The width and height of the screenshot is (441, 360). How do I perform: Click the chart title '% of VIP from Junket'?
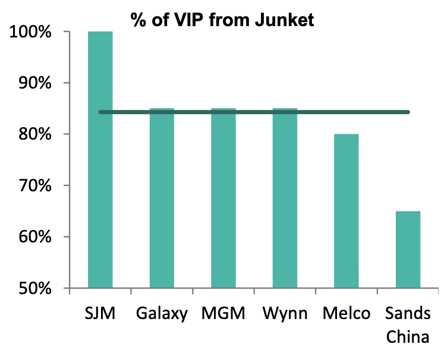coord(222,20)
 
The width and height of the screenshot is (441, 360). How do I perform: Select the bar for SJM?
coord(100,160)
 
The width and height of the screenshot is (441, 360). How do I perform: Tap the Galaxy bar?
coord(162,199)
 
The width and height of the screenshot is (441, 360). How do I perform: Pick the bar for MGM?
coord(223,199)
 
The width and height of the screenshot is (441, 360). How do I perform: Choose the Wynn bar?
coord(285,199)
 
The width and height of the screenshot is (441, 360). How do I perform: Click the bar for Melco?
coord(346,211)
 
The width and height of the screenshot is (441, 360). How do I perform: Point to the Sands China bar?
coord(408,250)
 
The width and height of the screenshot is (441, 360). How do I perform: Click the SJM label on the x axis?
coord(100,313)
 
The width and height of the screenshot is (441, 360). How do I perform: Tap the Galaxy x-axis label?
coord(162,313)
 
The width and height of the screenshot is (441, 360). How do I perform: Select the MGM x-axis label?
coord(223,313)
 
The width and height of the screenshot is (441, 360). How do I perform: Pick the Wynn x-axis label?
coord(285,313)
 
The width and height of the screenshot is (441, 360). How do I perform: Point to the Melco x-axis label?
coord(346,313)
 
